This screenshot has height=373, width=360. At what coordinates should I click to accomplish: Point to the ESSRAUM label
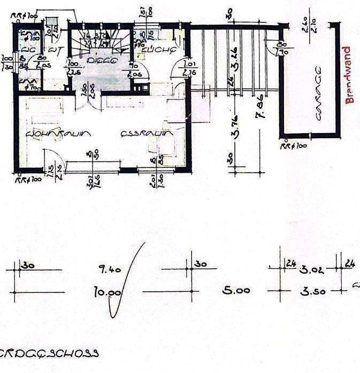[145, 134]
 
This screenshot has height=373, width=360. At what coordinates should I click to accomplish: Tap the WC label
[54, 51]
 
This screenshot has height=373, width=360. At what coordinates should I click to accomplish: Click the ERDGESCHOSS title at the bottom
[49, 353]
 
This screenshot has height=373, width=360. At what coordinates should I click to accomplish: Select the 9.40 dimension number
[110, 270]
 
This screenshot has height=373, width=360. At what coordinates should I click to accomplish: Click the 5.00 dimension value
[236, 291]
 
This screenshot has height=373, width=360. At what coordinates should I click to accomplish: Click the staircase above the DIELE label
[102, 42]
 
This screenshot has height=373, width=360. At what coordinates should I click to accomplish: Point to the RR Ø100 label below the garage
[294, 145]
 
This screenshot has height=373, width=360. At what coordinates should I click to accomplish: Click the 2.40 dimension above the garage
[303, 24]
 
